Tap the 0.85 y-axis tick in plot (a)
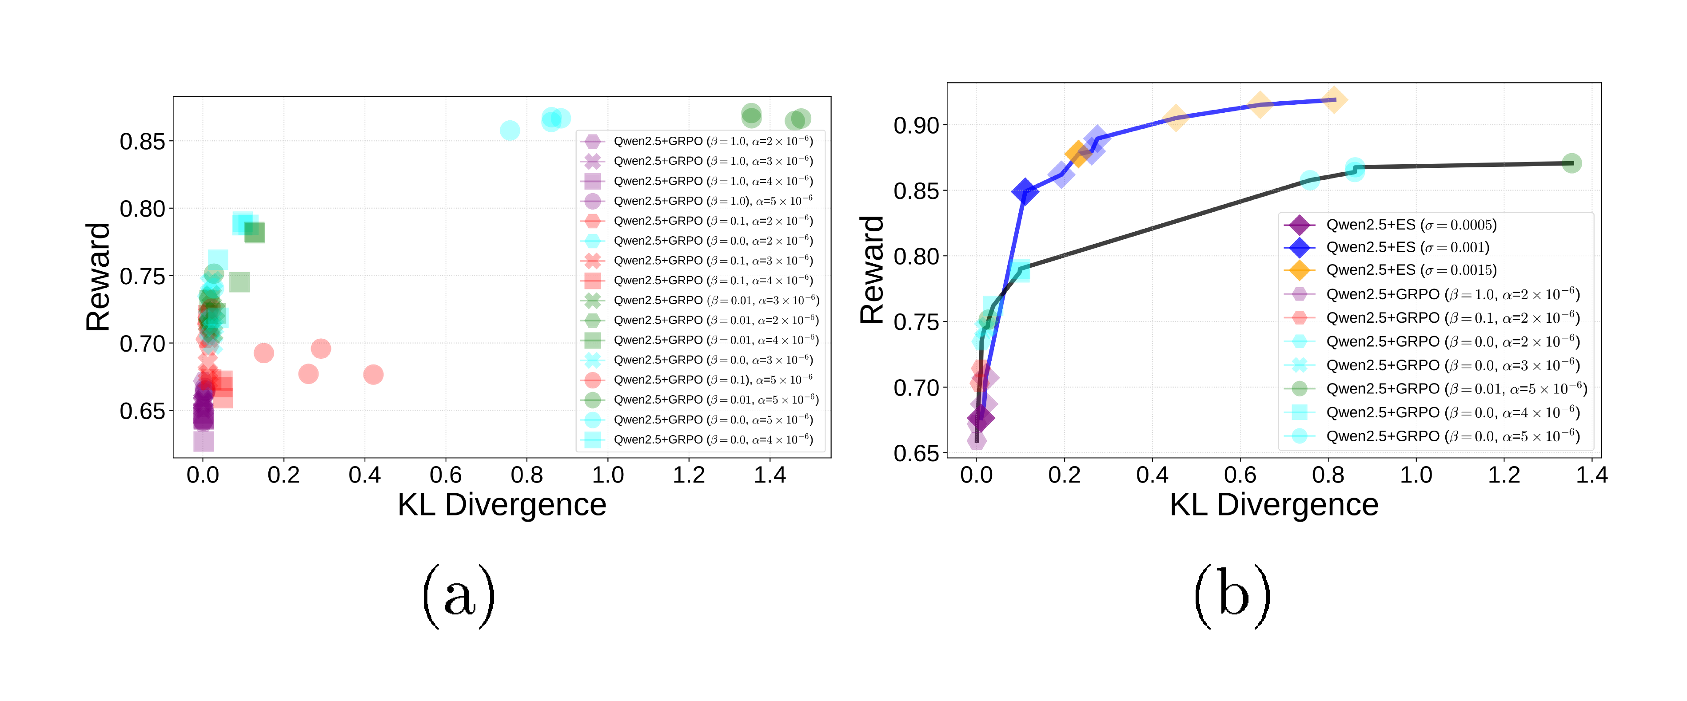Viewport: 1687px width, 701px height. [142, 141]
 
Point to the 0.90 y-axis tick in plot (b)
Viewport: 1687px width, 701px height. [916, 125]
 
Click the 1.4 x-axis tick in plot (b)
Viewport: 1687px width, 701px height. [1591, 475]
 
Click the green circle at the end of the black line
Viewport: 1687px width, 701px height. [1571, 163]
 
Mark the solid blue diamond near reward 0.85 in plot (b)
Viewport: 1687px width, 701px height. [1025, 192]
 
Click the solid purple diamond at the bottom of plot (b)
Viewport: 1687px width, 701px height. [981, 418]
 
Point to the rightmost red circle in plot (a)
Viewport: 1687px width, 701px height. [373, 374]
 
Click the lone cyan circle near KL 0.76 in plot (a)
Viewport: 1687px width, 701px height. [510, 130]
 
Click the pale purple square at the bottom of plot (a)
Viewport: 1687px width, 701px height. [203, 441]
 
